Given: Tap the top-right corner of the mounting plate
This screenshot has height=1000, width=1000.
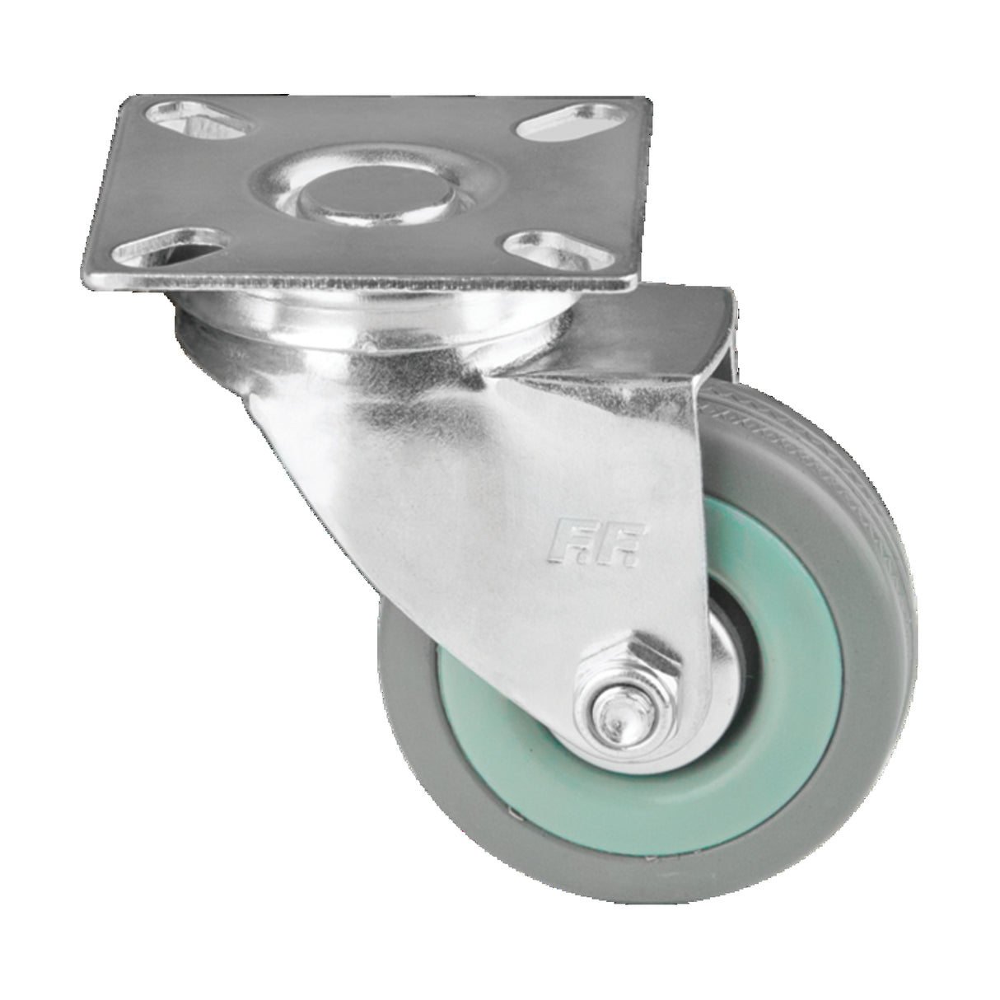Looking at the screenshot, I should [x=651, y=100].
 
